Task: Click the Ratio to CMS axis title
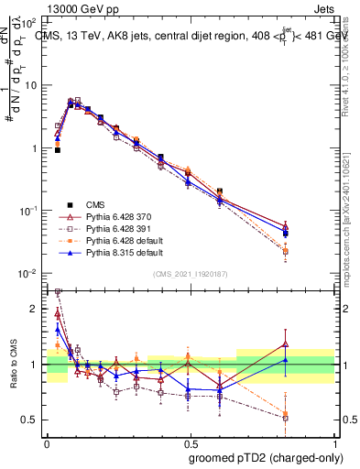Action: click(11, 364)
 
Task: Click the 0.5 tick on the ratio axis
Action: click(30, 420)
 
